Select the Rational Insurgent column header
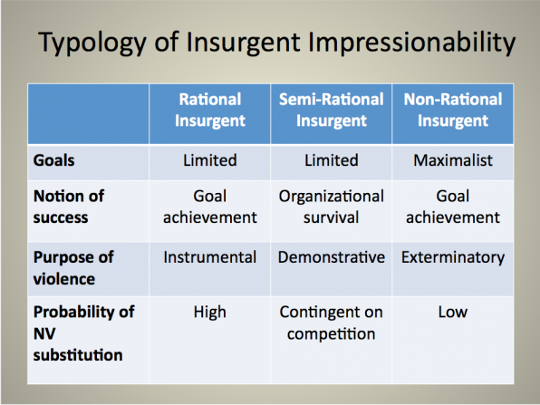(x=209, y=110)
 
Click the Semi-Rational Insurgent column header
(x=332, y=110)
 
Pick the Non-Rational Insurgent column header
(x=453, y=110)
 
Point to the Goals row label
(x=53, y=160)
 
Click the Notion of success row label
(x=69, y=207)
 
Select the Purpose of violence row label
(x=73, y=268)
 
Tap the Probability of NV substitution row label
(x=83, y=333)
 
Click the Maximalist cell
(x=453, y=160)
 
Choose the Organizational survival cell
(x=332, y=207)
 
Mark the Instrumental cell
(x=209, y=257)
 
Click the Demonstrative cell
(x=332, y=257)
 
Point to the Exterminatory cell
(x=453, y=257)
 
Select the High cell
(x=209, y=313)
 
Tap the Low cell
(x=453, y=312)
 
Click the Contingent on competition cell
(x=332, y=323)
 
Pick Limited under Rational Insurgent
(x=209, y=160)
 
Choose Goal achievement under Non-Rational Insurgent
(x=453, y=207)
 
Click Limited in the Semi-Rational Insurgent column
(x=332, y=160)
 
